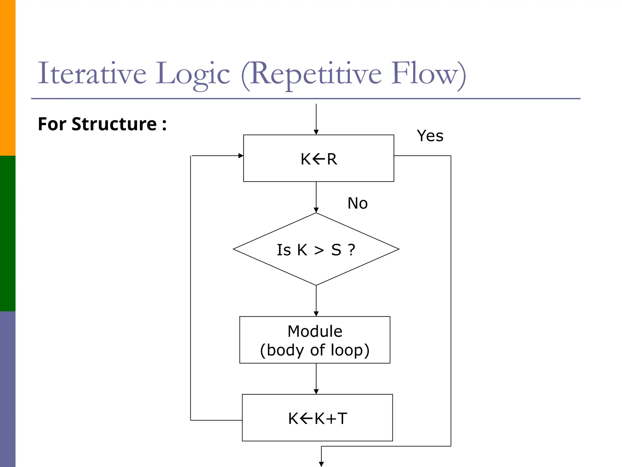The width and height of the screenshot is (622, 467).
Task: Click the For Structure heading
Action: [x=102, y=124]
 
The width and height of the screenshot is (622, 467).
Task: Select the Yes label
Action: [x=430, y=136]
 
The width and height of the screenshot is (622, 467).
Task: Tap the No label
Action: [x=357, y=203]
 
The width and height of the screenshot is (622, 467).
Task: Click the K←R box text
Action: [x=319, y=159]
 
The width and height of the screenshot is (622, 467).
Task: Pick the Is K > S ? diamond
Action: [x=316, y=249]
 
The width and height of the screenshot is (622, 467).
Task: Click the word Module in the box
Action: [x=315, y=331]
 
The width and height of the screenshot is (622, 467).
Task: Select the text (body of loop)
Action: [x=315, y=350]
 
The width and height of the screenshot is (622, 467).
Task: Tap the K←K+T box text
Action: [x=317, y=418]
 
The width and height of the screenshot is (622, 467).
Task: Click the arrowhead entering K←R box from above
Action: [x=316, y=132]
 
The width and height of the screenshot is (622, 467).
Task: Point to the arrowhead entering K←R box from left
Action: [x=241, y=156]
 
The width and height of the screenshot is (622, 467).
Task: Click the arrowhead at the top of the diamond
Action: [x=316, y=210]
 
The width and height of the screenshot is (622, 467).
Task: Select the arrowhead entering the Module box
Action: [x=316, y=314]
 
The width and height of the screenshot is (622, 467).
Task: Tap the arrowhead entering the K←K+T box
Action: [x=316, y=392]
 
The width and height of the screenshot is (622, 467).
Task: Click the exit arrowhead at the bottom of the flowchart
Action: [x=321, y=464]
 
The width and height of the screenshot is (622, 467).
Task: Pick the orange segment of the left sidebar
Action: [x=8, y=78]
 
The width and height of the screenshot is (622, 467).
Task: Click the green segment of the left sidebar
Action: [x=8, y=233]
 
